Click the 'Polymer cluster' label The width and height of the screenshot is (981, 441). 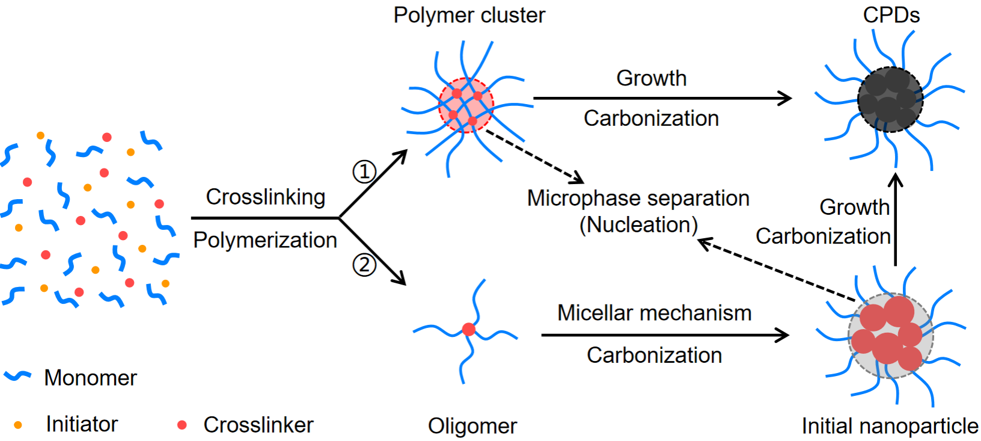click(x=469, y=15)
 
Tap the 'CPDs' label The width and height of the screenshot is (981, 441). click(x=891, y=15)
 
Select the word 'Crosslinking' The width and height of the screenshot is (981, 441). click(x=266, y=197)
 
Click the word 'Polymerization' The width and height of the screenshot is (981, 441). click(x=265, y=240)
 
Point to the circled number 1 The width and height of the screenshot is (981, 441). click(x=364, y=172)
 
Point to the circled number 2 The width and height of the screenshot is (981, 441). click(x=364, y=265)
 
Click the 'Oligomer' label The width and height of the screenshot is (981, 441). click(x=472, y=426)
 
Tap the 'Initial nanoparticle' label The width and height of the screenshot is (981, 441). click(x=890, y=426)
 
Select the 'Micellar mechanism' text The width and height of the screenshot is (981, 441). click(x=654, y=313)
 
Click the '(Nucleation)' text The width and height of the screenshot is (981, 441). click(x=638, y=225)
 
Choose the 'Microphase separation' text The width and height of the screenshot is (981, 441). click(x=638, y=198)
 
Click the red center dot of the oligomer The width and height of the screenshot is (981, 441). click(x=469, y=329)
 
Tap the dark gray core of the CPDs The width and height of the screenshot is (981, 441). click(x=890, y=99)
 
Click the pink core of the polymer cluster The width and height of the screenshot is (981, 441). click(x=466, y=105)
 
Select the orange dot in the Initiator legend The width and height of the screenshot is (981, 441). click(x=18, y=425)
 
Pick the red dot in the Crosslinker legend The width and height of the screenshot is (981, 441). click(x=182, y=425)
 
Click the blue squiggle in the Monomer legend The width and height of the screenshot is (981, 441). click(x=17, y=377)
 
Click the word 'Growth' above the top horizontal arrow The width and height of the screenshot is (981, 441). click(x=652, y=78)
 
